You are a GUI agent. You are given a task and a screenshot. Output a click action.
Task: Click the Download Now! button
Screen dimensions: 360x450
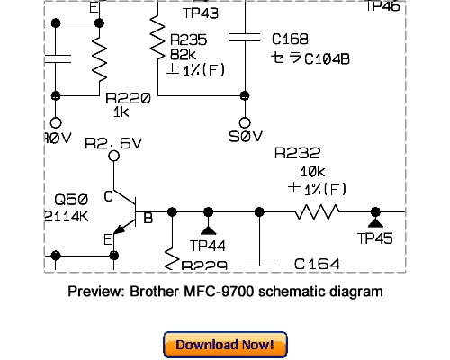pos(225,345)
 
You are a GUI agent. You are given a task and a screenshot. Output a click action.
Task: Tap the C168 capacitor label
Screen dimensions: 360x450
pos(291,39)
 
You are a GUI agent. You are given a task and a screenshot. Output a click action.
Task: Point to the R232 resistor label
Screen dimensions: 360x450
pos(297,154)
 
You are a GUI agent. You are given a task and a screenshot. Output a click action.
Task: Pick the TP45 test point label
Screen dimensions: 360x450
pos(376,238)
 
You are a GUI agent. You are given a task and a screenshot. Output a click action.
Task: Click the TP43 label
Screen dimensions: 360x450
pos(202,13)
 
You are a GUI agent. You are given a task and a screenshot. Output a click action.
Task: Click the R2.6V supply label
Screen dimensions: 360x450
pos(113,143)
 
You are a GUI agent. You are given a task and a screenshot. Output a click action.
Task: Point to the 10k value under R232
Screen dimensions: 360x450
pos(311,171)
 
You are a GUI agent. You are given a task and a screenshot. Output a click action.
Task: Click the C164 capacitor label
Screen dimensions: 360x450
pos(317,264)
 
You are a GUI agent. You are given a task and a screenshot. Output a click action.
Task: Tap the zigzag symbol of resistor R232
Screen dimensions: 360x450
pos(318,211)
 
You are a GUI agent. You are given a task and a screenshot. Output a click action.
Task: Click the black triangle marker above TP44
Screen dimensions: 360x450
pos(208,217)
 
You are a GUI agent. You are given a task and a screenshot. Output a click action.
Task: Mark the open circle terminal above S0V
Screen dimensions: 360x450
pos(244,121)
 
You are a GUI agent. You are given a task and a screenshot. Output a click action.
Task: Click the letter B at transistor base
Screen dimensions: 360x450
pos(148,218)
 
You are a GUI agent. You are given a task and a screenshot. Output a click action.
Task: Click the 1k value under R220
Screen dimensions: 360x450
pos(121,113)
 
